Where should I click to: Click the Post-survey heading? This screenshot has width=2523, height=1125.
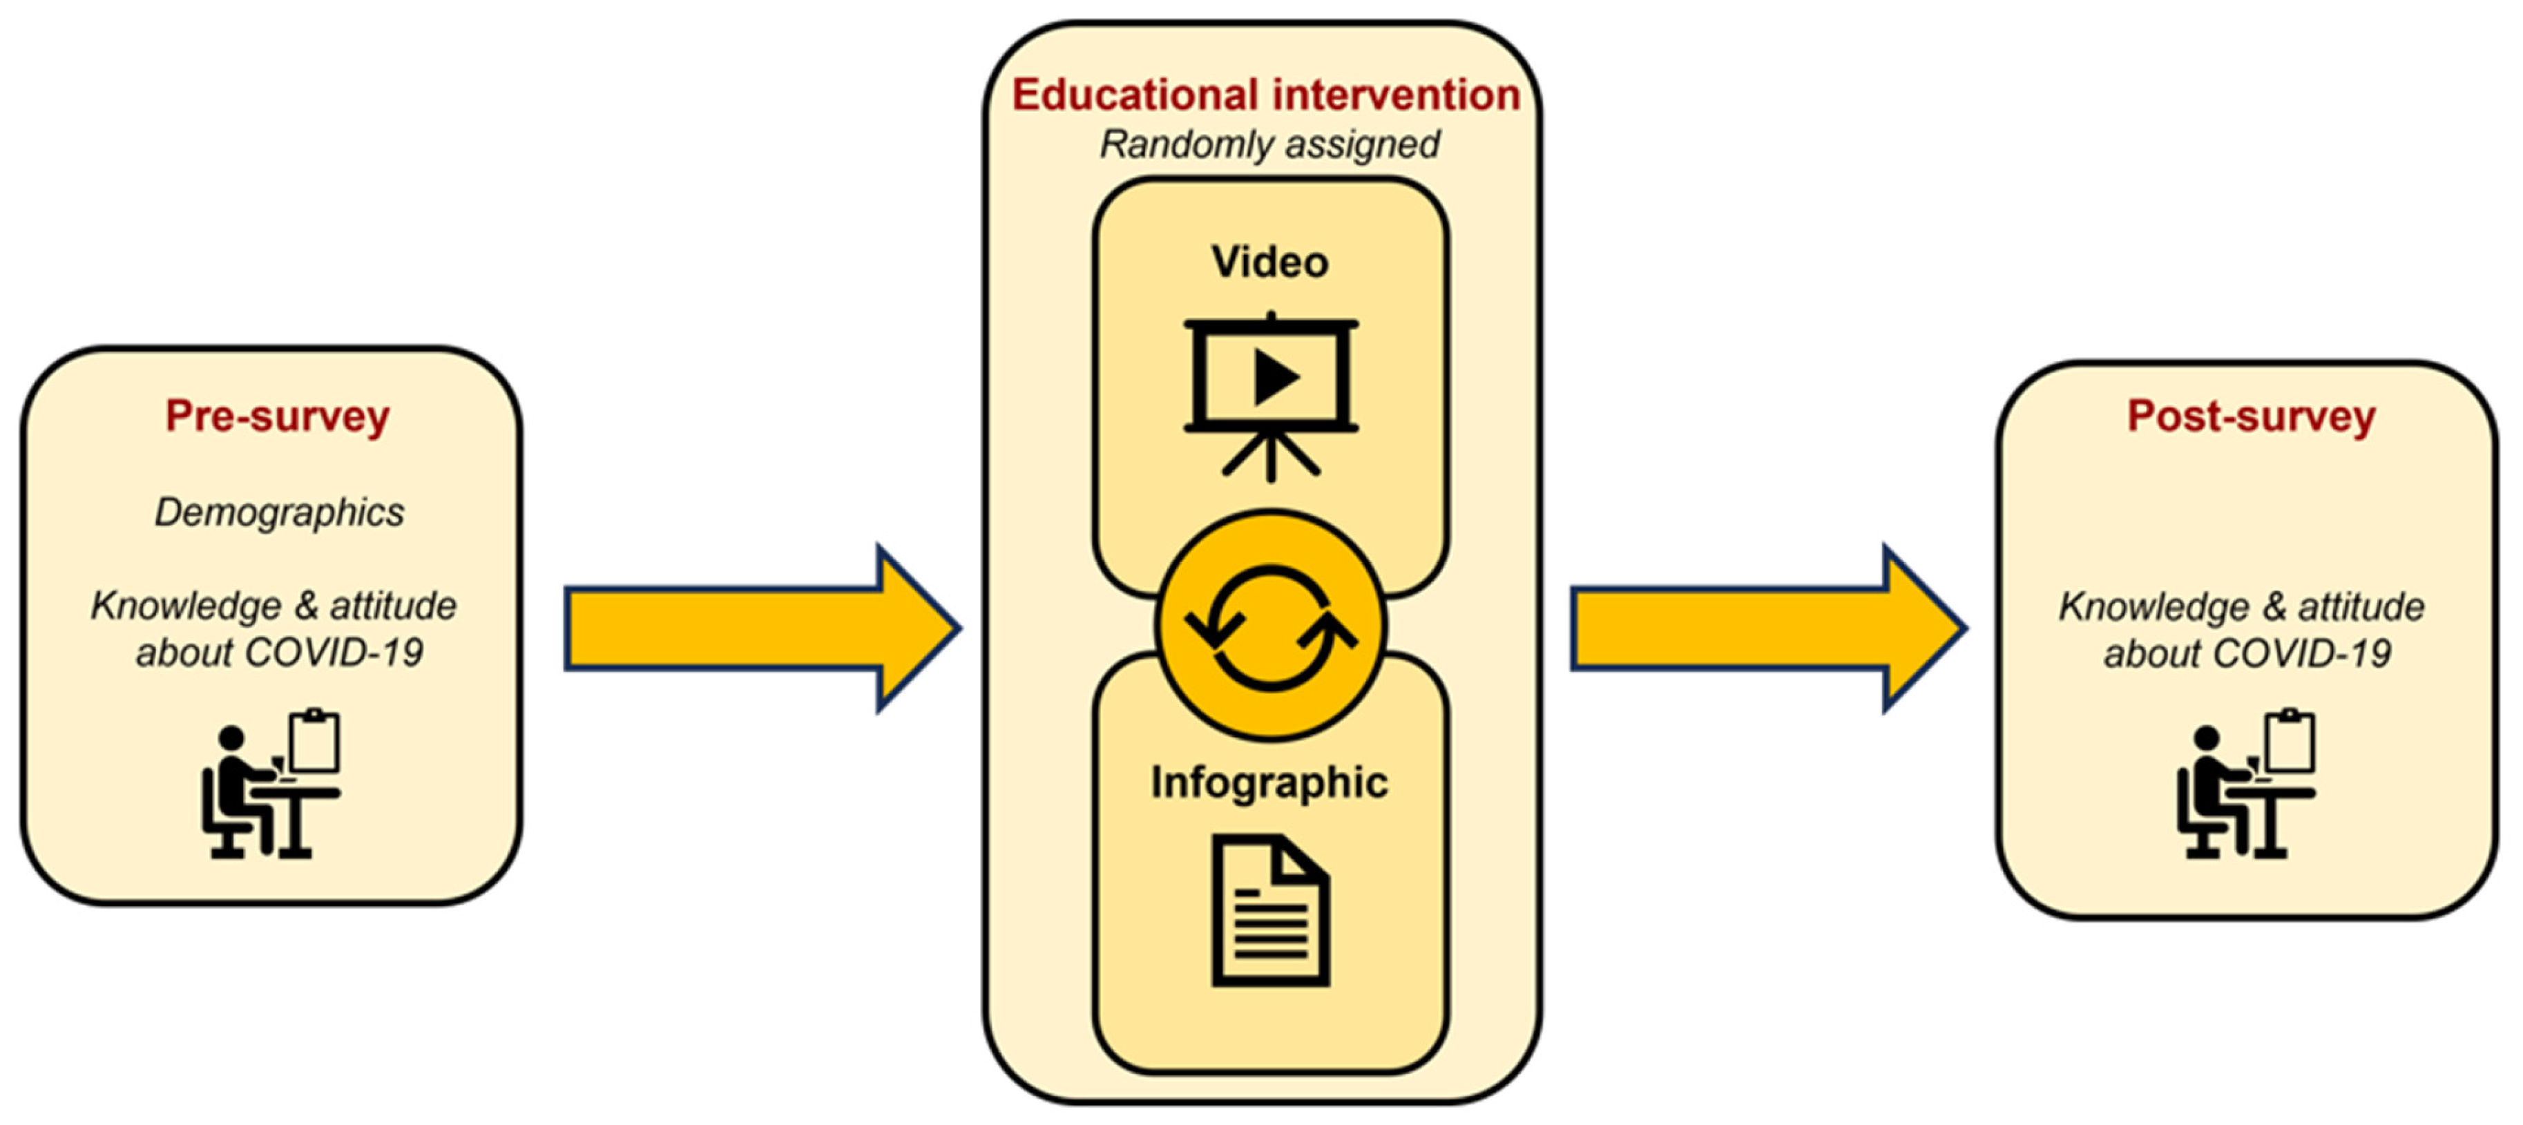2251,416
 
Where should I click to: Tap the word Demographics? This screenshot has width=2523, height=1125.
279,512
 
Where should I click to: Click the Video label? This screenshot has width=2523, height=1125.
1269,262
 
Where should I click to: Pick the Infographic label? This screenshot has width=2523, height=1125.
1269,782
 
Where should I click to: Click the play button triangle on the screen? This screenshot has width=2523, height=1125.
1275,378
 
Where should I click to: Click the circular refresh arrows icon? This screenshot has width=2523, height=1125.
1270,626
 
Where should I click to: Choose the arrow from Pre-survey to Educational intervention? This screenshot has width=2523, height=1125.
759,628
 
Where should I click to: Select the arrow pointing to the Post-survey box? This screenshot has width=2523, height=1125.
1766,628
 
